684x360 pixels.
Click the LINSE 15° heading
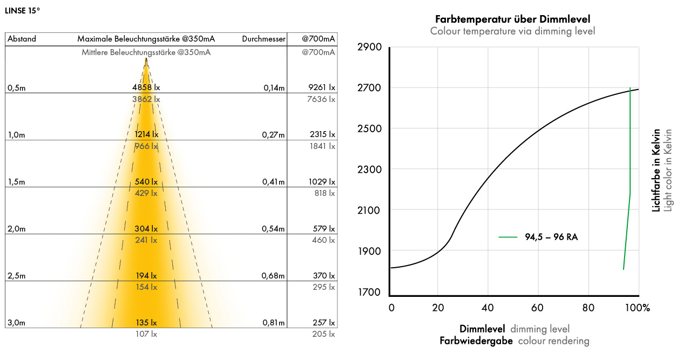point(22,10)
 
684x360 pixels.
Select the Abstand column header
point(22,39)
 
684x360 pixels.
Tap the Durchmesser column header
point(263,39)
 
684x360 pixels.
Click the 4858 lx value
point(146,87)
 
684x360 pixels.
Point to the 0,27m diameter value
point(274,134)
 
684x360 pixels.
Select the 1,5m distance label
point(16,182)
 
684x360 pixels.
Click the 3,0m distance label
point(16,323)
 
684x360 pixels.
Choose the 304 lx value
point(146,229)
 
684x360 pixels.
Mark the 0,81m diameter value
point(274,323)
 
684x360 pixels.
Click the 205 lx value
point(324,334)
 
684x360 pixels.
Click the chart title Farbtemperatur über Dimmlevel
point(512,19)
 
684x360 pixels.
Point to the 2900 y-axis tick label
point(369,47)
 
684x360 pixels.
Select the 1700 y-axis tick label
point(369,293)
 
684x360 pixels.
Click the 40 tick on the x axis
point(487,308)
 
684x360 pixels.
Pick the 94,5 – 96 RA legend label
point(551,237)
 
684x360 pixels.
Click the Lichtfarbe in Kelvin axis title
point(656,170)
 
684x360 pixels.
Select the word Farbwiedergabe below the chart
point(476,341)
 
